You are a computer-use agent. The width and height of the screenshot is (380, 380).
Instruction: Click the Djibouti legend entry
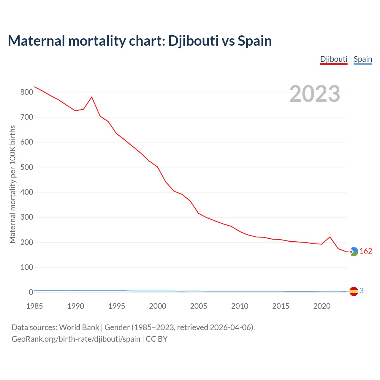tap(334, 59)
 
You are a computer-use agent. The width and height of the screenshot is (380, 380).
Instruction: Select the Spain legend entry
tap(363, 59)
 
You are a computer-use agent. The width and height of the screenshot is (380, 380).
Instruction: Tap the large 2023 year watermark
tap(315, 94)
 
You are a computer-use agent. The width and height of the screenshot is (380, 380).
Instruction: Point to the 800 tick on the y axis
tap(26, 92)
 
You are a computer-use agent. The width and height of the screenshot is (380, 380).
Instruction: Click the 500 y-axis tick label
tap(26, 167)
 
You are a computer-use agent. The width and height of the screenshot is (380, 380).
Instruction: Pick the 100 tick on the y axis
tap(26, 267)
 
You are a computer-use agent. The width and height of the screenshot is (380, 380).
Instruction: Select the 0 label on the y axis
tap(31, 292)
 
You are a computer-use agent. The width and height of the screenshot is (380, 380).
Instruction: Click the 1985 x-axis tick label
tap(34, 306)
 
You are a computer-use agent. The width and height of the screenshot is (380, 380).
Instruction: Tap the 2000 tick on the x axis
tap(158, 306)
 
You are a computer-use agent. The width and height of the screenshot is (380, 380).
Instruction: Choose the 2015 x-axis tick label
tap(281, 306)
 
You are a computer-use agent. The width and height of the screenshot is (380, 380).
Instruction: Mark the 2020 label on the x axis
tap(322, 306)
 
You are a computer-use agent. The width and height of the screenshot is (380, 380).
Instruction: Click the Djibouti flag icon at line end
tap(354, 251)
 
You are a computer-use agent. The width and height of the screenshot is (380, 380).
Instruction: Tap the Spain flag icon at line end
tap(354, 291)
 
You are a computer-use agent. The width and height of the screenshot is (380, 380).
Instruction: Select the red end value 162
tap(366, 251)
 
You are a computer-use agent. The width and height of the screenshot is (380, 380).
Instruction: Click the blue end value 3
tap(362, 291)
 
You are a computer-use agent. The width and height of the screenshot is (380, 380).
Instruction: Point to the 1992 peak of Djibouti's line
tap(92, 97)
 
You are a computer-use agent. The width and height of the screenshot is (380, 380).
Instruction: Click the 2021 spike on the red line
tap(330, 237)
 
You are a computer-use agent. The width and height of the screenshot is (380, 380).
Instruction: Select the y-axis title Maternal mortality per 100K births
tap(12, 184)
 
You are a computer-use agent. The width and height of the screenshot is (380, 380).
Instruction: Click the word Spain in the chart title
tap(255, 41)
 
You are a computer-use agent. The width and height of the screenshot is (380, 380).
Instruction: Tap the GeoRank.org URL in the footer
tap(76, 339)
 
